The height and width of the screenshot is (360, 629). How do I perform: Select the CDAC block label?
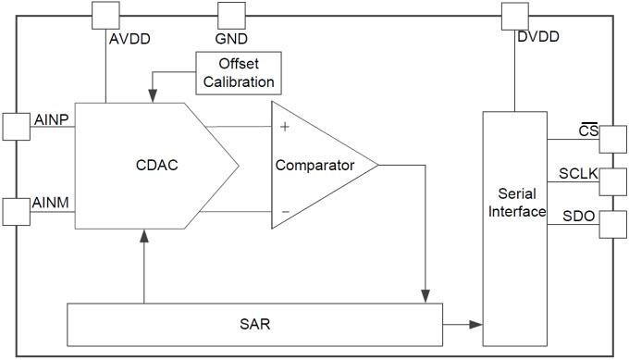point(155,166)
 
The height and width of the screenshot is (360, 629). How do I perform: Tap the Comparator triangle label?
point(314,166)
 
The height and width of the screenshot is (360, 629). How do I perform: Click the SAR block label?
point(253,325)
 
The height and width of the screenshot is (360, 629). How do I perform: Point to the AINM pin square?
point(17,211)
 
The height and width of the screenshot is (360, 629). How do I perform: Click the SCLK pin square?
point(612,181)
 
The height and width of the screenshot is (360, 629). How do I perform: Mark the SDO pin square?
point(612,224)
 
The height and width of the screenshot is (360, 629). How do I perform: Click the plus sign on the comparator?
point(285,127)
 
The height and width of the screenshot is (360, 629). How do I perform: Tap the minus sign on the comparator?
point(285,212)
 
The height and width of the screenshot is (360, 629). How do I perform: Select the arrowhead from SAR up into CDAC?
point(144,236)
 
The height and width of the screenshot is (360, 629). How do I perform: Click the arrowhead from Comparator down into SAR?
point(425,294)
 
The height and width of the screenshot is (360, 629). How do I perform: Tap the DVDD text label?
point(538,37)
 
